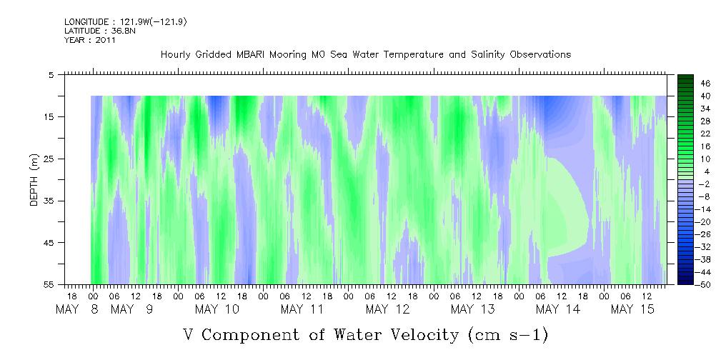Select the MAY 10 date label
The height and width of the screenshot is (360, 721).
pyautogui.click(x=217, y=309)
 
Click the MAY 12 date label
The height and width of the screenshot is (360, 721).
pyautogui.click(x=387, y=309)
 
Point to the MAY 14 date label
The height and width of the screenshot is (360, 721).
pyautogui.click(x=557, y=309)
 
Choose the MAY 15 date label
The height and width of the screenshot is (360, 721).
pyautogui.click(x=632, y=309)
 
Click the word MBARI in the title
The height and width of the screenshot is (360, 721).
pyautogui.click(x=252, y=55)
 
